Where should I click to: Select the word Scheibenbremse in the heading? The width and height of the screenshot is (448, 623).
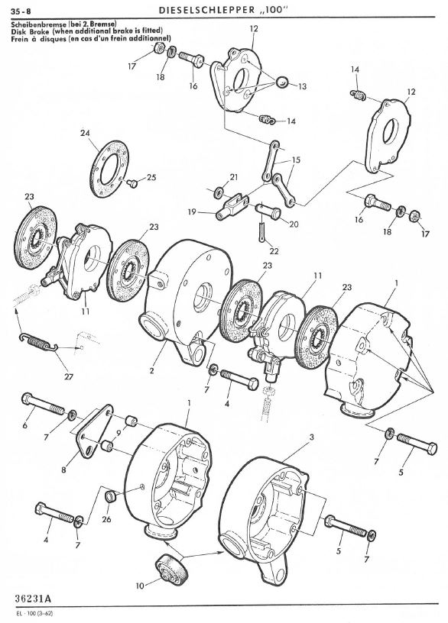click(34, 25)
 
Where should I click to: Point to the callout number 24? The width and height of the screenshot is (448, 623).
click(85, 132)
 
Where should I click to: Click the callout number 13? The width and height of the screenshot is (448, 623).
click(303, 87)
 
